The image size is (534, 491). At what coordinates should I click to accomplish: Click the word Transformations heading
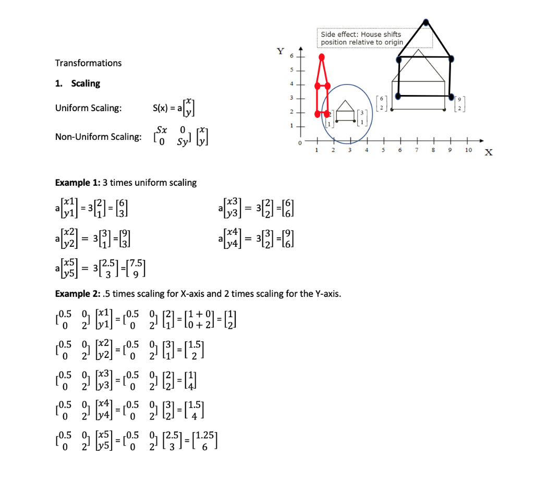click(88, 63)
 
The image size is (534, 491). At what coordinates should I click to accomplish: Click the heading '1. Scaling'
click(78, 83)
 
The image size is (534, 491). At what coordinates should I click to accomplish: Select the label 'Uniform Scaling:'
click(89, 108)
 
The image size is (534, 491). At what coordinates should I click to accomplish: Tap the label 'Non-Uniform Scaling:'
click(98, 137)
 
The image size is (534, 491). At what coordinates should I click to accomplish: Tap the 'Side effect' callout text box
click(374, 38)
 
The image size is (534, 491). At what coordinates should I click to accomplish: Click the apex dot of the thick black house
click(427, 22)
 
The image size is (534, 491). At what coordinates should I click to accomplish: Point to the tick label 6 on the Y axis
click(292, 56)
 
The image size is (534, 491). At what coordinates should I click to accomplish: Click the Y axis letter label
click(281, 51)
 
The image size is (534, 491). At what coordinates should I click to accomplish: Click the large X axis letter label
click(489, 153)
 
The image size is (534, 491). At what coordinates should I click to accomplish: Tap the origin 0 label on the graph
click(300, 142)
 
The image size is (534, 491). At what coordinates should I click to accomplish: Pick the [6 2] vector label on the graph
click(381, 103)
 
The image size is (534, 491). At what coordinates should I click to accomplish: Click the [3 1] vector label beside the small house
click(362, 118)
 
